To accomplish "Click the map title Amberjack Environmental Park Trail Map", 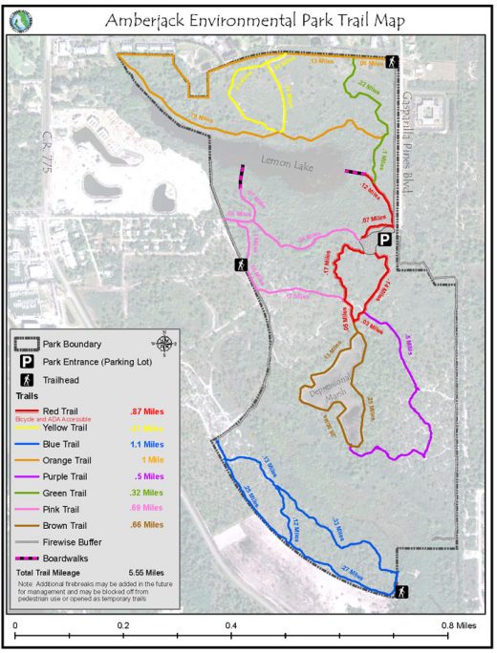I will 257,19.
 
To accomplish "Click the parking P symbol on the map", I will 383,240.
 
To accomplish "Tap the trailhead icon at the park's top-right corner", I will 391,62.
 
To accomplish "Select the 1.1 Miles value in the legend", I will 146,444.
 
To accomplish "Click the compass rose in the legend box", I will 164,343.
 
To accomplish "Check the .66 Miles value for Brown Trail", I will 146,524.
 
